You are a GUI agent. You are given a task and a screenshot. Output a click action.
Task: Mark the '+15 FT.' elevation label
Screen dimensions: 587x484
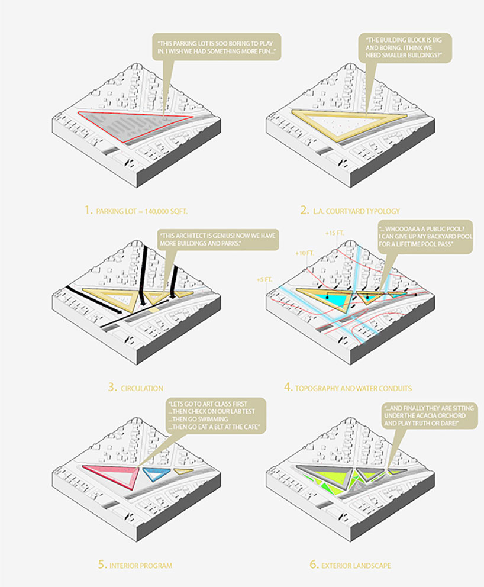click(334, 233)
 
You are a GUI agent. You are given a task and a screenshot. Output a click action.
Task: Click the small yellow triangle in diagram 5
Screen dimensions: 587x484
click(182, 472)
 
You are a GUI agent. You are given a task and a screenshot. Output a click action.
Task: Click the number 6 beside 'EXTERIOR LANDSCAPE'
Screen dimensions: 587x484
click(313, 565)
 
